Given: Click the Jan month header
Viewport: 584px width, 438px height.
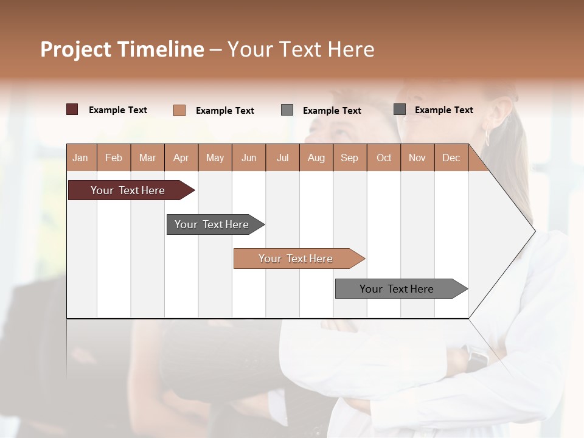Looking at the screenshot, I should pyautogui.click(x=80, y=158).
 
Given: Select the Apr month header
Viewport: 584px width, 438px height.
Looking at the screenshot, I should pyautogui.click(x=181, y=158).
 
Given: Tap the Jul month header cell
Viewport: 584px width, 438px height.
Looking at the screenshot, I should pyautogui.click(x=282, y=158).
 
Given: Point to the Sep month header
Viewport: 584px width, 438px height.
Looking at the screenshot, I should pyautogui.click(x=349, y=158).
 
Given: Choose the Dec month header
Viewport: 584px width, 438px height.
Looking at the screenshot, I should pyautogui.click(x=451, y=158).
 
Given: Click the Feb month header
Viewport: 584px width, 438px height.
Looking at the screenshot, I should pyautogui.click(x=114, y=158).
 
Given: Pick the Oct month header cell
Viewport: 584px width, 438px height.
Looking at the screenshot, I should pyautogui.click(x=384, y=158).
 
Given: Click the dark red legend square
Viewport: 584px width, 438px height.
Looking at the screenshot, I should pyautogui.click(x=72, y=109).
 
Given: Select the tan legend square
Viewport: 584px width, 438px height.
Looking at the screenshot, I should pyautogui.click(x=179, y=110).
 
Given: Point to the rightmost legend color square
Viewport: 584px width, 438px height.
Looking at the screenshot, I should pyautogui.click(x=400, y=109).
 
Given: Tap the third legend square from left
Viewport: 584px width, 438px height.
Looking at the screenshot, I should pyautogui.click(x=287, y=110).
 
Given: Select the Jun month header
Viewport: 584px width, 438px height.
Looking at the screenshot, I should pyautogui.click(x=249, y=158).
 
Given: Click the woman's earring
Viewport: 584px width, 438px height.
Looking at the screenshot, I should pyautogui.click(x=487, y=136).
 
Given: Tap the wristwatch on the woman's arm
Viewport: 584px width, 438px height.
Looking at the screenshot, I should pyautogui.click(x=476, y=356).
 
